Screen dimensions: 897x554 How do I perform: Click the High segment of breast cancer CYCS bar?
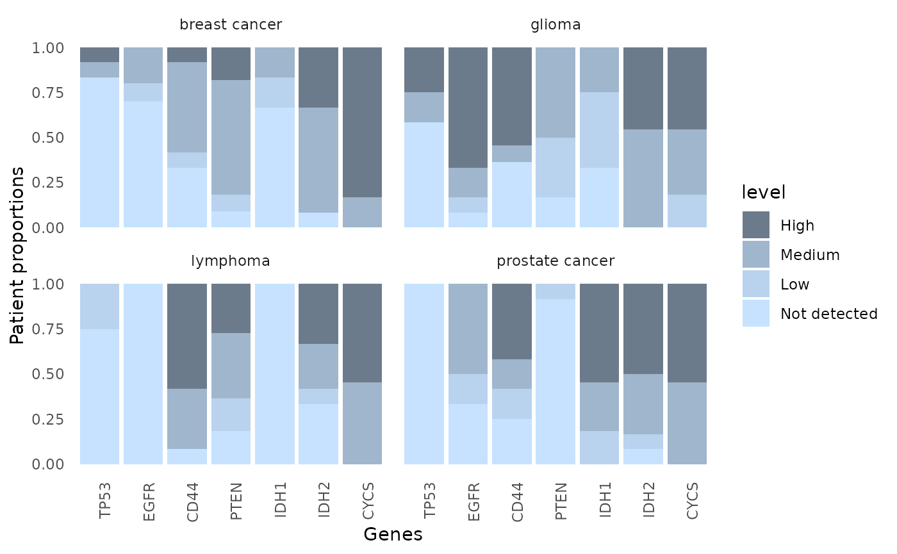tap(362, 122)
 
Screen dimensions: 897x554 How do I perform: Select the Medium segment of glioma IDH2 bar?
tap(643, 178)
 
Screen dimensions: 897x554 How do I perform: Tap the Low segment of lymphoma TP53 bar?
tap(100, 306)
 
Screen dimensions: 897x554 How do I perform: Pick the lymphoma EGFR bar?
tap(144, 374)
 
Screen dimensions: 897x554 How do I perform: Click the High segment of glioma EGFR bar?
tap(468, 108)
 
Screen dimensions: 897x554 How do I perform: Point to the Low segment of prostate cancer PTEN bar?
tap(555, 291)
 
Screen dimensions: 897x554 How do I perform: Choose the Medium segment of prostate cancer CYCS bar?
tap(687, 423)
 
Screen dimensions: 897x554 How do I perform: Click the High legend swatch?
tap(756, 225)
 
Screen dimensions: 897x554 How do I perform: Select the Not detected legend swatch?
tap(756, 313)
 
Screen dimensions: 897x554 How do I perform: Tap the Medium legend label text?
tap(810, 255)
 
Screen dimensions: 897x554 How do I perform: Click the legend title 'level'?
tap(763, 192)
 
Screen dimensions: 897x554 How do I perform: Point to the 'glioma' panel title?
tap(555, 25)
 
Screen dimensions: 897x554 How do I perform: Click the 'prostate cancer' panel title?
tap(555, 261)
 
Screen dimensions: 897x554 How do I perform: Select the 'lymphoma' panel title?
tap(231, 261)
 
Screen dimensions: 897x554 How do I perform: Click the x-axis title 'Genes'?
tap(393, 534)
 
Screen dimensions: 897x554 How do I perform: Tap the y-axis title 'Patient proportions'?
tap(17, 256)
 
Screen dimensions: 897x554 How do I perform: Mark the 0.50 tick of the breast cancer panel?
tap(48, 138)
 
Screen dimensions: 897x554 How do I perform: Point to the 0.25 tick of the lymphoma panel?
tap(48, 419)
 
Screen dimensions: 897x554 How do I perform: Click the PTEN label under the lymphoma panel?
tap(236, 501)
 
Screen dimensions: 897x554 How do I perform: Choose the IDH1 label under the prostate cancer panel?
tap(605, 500)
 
